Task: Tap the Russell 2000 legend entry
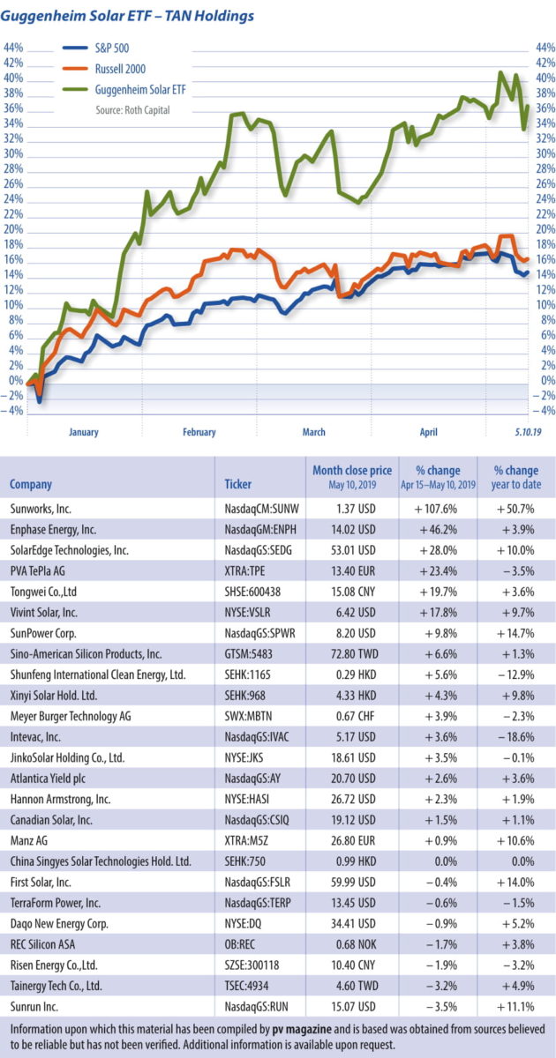pos(120,69)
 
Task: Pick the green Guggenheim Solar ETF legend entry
pos(141,89)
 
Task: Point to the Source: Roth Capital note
pos(132,110)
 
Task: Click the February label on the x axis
pos(199,432)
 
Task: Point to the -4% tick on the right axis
pos(543,411)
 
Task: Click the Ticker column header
pos(238,484)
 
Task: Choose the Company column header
pos(31,484)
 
